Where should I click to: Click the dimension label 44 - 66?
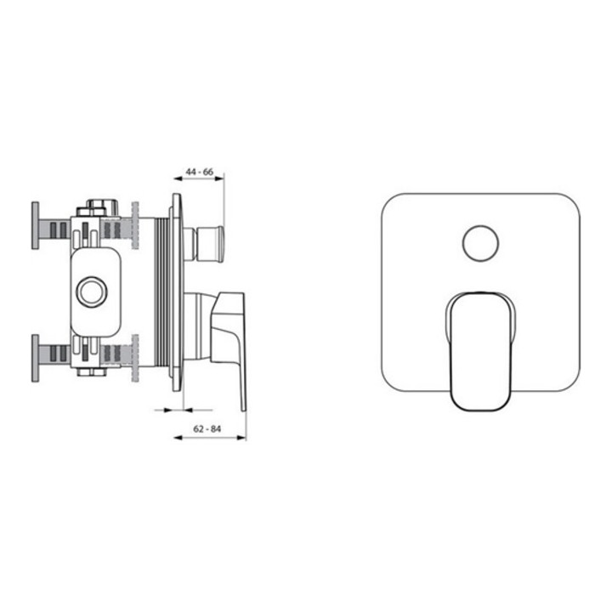200,172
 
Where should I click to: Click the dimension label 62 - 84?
207,429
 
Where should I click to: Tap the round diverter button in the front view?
480,243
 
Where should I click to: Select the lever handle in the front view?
480,351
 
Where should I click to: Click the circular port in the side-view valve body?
92,292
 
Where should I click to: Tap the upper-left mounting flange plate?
35,225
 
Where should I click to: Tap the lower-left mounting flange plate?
35,359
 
